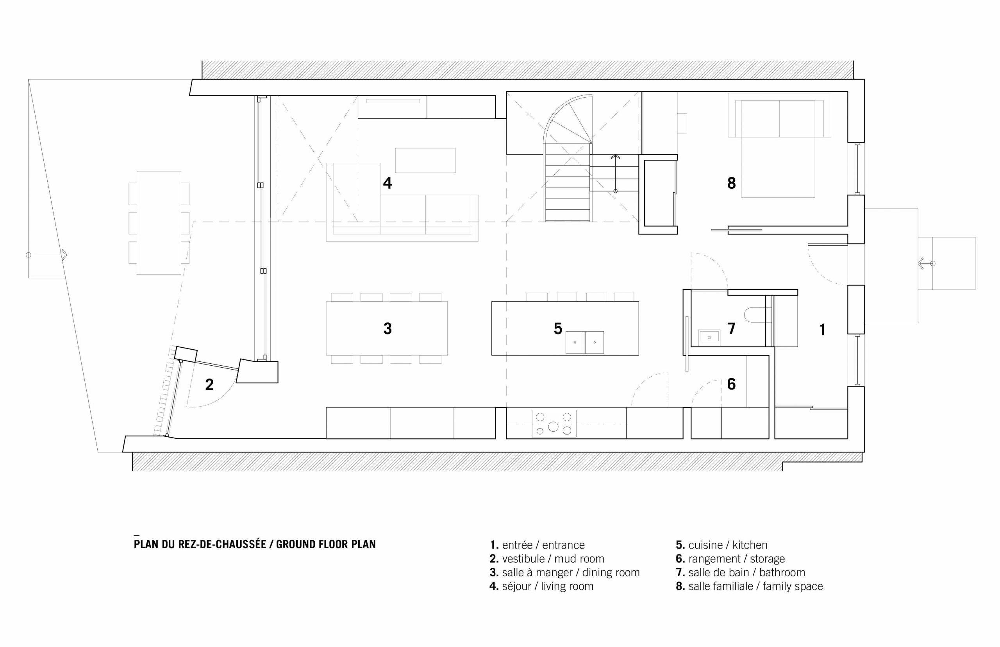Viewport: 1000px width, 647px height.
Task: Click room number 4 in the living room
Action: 387,183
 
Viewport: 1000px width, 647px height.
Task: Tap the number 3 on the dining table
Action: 387,329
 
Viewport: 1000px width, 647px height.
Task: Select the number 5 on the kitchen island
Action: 558,329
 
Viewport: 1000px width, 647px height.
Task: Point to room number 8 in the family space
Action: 731,183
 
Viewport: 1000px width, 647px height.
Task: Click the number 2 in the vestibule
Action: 209,384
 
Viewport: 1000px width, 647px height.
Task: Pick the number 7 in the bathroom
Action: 731,329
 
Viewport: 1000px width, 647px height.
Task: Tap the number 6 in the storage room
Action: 731,384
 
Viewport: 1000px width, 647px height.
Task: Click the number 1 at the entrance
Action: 822,330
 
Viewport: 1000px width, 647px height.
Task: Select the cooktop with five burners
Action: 554,424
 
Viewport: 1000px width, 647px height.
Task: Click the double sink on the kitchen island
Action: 585,342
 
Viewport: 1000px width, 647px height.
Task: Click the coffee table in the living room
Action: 425,160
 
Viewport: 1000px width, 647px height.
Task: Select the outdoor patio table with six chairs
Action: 159,223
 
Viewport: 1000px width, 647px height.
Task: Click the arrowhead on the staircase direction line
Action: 615,157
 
